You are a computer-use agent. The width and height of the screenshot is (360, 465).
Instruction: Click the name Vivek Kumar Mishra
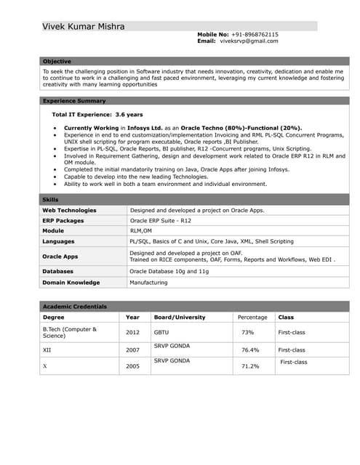tap(83, 27)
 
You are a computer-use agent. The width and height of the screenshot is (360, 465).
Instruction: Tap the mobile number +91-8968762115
tap(255, 34)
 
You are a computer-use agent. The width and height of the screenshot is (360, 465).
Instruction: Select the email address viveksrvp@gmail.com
tap(249, 41)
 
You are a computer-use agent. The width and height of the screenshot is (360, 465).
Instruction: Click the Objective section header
tap(57, 62)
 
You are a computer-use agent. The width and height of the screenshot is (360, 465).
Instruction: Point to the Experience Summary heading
tap(74, 101)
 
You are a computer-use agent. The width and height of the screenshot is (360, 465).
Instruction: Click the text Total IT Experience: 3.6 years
tap(97, 115)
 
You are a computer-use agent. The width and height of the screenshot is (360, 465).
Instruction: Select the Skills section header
tap(51, 199)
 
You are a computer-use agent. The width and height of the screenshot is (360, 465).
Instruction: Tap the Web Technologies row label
tap(69, 210)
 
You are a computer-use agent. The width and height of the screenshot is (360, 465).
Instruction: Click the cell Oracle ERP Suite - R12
tap(160, 220)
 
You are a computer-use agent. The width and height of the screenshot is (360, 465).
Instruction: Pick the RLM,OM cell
tap(141, 230)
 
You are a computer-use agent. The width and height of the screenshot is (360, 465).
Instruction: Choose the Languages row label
tap(58, 240)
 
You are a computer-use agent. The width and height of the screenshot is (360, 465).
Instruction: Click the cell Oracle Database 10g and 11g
tap(169, 272)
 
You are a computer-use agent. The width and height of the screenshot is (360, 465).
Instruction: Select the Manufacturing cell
tap(148, 282)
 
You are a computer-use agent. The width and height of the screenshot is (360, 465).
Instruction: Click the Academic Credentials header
tap(75, 307)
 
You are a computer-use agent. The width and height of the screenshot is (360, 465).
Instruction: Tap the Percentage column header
tap(252, 317)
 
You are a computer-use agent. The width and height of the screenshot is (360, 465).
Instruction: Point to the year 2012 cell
tap(132, 332)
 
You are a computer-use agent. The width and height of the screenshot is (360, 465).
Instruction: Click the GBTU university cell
tap(161, 332)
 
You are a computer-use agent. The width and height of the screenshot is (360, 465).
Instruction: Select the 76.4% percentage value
tap(250, 349)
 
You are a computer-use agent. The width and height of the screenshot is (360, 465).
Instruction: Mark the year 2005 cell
tap(132, 366)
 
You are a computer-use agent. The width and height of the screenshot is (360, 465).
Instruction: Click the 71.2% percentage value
tap(250, 366)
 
